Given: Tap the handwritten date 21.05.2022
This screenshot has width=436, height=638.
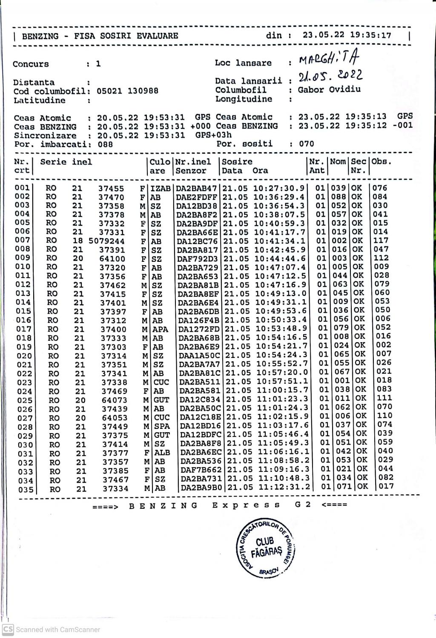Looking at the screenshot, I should [x=330, y=77].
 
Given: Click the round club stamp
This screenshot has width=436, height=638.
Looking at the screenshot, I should [x=265, y=548].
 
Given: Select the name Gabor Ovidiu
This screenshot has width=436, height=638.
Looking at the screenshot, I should [x=329, y=90].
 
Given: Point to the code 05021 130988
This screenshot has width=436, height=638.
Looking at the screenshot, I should [x=127, y=91].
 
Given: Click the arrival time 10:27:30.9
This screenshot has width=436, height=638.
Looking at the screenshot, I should [x=279, y=188].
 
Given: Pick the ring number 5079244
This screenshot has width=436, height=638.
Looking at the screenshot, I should [x=106, y=241].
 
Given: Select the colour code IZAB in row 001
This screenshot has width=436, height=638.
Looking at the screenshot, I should [x=161, y=188].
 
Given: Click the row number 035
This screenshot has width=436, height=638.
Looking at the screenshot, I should [x=26, y=489].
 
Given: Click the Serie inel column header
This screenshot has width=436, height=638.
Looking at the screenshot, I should [x=66, y=162].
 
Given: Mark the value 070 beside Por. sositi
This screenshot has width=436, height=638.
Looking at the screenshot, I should [x=307, y=144].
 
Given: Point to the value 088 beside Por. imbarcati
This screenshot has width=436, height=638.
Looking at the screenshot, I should [x=105, y=144].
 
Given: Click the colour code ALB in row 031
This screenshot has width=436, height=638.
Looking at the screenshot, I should [x=162, y=453].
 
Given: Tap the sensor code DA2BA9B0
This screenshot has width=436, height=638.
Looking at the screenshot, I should [x=201, y=488].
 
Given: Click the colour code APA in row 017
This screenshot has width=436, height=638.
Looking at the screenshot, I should [x=161, y=329].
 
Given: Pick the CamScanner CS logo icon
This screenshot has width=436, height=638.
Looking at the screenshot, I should [x=8, y=629].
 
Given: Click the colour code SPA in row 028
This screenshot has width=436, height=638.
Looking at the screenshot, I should [x=162, y=426].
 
